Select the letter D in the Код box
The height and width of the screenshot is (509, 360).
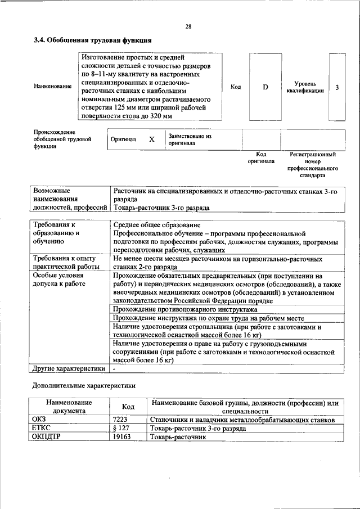[265, 87]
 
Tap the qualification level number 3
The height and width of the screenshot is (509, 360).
[336, 87]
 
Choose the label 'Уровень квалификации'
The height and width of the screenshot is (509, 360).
[304, 87]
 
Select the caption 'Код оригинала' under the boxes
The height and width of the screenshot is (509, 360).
[261, 157]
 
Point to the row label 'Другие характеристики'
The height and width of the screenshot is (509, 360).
[69, 368]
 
